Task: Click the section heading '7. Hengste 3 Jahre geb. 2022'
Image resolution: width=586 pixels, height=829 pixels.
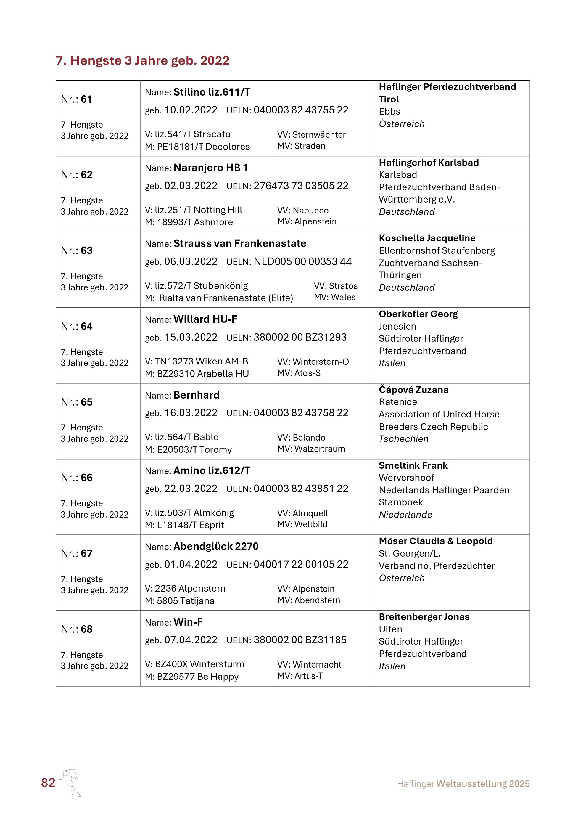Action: (143, 61)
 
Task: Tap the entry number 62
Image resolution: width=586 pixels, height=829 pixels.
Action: (87, 175)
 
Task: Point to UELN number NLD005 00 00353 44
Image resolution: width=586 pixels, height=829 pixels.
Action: (302, 261)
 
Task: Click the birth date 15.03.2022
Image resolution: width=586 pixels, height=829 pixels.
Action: (191, 337)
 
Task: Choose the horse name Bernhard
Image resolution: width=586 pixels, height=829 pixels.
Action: (196, 395)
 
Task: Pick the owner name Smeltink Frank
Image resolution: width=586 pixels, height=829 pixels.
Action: (413, 465)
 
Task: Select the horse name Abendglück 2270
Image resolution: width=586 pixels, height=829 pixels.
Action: (216, 546)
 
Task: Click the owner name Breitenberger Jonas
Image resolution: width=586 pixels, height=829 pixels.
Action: (424, 617)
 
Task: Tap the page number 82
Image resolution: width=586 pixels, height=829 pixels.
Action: (48, 783)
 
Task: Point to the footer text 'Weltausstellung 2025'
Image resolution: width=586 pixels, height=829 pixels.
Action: (483, 784)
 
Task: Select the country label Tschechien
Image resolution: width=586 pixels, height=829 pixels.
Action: (403, 439)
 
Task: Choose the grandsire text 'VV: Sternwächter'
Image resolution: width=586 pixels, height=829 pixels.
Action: (311, 135)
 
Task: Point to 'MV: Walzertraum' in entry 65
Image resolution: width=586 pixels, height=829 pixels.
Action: (311, 449)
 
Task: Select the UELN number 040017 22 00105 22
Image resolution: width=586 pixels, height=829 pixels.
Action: (301, 564)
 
